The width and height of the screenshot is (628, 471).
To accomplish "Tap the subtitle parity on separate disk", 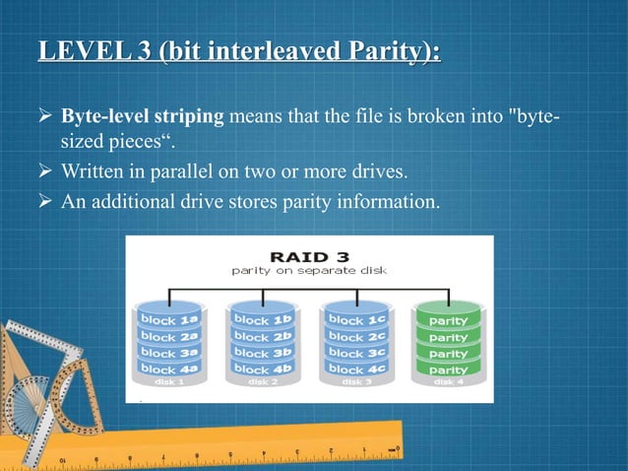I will coord(308,267).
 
